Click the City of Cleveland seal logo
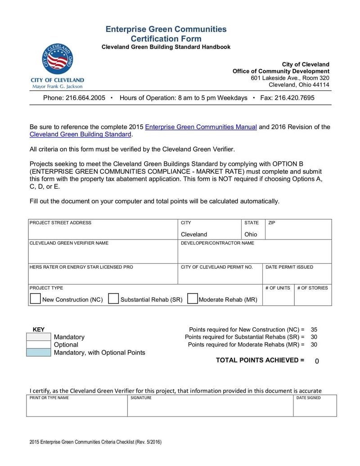click(57, 59)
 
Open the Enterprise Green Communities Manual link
click(201, 127)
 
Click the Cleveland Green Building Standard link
click(80, 135)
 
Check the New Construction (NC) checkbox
click(35, 299)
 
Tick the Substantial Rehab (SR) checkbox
click(113, 299)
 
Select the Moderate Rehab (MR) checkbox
click(192, 299)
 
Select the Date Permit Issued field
click(297, 276)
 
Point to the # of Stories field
click(312, 299)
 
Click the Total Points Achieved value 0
click(317, 361)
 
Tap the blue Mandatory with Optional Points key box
click(39, 353)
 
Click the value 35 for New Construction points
click(314, 330)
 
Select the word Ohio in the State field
click(251, 234)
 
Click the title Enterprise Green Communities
click(166, 29)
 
